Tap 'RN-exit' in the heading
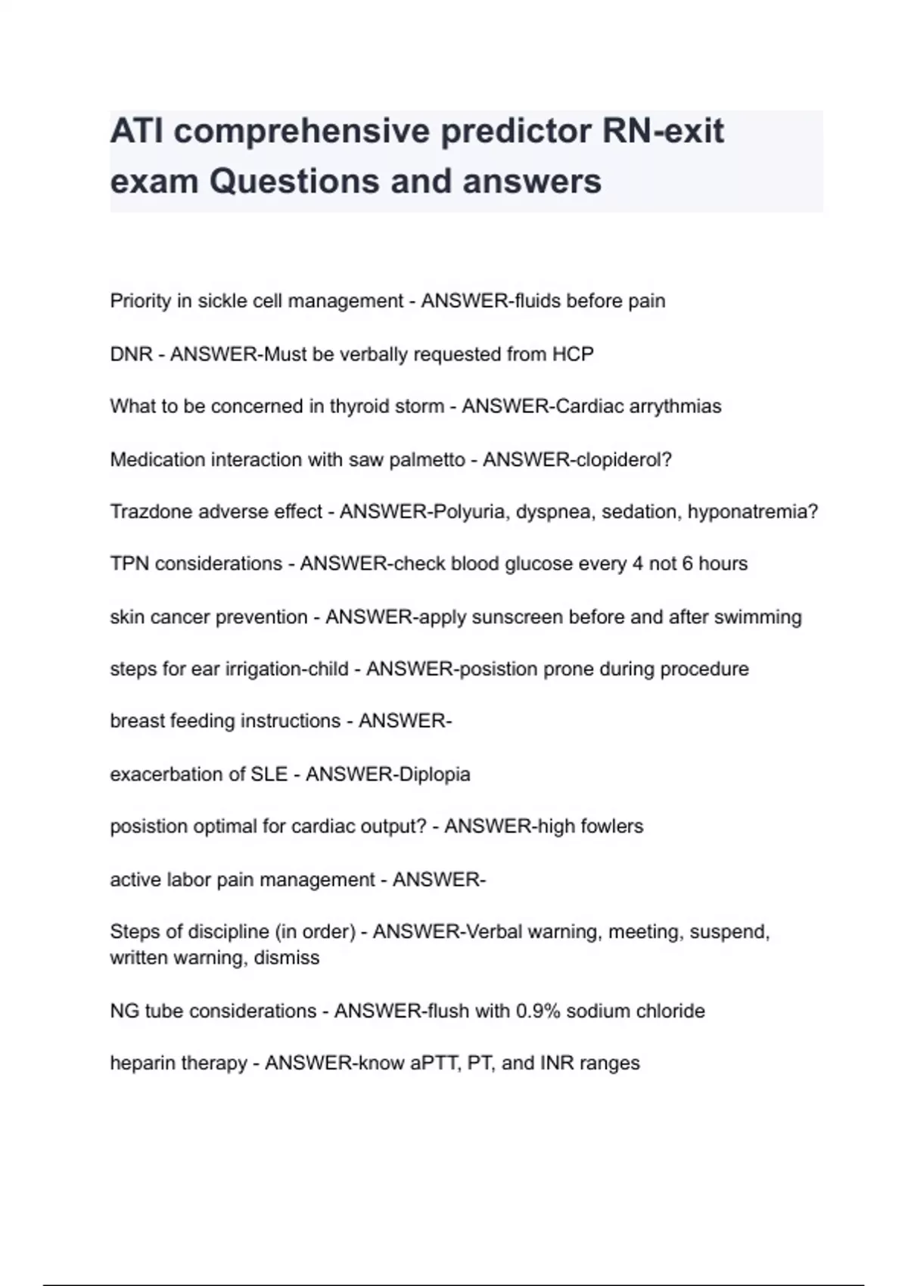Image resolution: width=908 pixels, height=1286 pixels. click(664, 132)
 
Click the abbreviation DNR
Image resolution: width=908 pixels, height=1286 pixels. click(132, 354)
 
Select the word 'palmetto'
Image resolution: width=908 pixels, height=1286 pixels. click(427, 459)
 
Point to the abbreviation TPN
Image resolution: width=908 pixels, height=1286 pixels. click(129, 564)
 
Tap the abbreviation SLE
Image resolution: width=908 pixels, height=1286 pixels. click(269, 774)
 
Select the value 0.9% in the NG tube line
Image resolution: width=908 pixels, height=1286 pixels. click(538, 1011)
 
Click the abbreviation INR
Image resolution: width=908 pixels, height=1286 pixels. click(557, 1063)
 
